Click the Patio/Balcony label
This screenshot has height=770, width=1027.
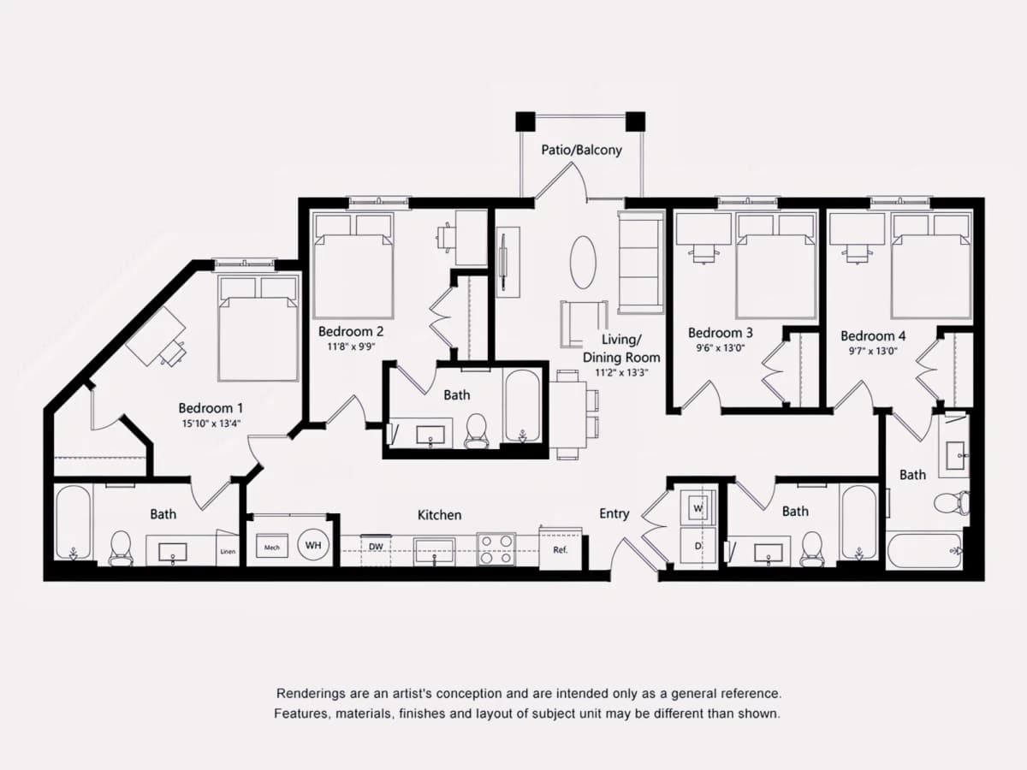582,150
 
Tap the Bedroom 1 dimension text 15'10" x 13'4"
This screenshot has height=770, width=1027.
211,423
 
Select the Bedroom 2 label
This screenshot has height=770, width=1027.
351,331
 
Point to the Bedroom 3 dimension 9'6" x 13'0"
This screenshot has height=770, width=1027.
720,348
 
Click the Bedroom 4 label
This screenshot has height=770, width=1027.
873,335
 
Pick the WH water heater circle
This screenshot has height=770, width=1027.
313,545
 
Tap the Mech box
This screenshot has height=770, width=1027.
272,547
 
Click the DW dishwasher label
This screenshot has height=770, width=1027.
377,546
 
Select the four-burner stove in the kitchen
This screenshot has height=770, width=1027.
496,549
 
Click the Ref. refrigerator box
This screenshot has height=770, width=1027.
561,549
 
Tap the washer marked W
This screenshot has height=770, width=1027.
698,507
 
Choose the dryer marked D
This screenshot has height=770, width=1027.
698,546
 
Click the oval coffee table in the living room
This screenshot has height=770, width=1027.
583,263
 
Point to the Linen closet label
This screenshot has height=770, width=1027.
228,552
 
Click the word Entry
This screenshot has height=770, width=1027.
614,513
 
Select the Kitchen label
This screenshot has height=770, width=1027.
439,515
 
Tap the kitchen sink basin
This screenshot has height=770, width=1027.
434,550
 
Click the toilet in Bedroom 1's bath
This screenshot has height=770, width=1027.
122,548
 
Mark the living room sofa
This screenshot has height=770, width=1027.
641,262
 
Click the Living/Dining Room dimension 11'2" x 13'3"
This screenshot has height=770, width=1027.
621,373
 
